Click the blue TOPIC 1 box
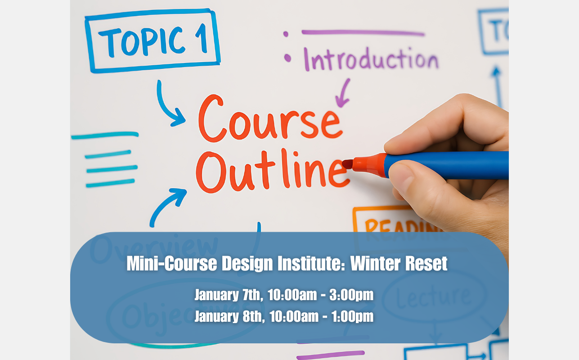point(153,40)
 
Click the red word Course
point(269,119)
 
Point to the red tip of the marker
point(348,164)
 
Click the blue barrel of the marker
point(445,165)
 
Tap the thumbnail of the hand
point(402,178)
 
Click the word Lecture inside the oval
point(434,296)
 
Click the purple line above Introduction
point(363,32)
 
